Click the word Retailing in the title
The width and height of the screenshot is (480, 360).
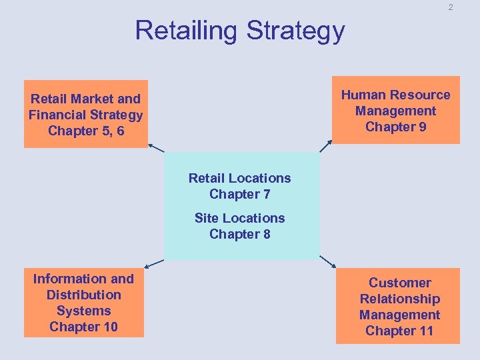point(187,31)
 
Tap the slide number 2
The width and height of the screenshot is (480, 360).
point(451,7)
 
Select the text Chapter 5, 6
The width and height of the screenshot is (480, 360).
point(86,131)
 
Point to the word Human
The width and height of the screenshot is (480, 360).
point(363,95)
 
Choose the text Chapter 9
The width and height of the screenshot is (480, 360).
point(396,127)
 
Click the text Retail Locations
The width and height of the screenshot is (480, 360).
point(239,178)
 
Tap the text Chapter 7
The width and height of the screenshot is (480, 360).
point(239,194)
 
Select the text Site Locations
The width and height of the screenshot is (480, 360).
point(239,218)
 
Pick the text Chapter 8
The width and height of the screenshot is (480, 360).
point(239,234)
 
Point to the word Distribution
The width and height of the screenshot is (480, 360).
point(84,295)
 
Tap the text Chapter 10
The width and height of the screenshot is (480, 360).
point(84,327)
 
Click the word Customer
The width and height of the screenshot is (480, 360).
point(400,283)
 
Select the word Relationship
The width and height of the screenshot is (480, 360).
point(400,299)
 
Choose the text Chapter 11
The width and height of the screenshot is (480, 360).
point(400,331)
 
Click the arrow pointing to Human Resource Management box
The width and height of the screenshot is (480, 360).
point(326,147)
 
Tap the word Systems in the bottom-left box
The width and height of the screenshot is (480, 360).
point(84,311)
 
